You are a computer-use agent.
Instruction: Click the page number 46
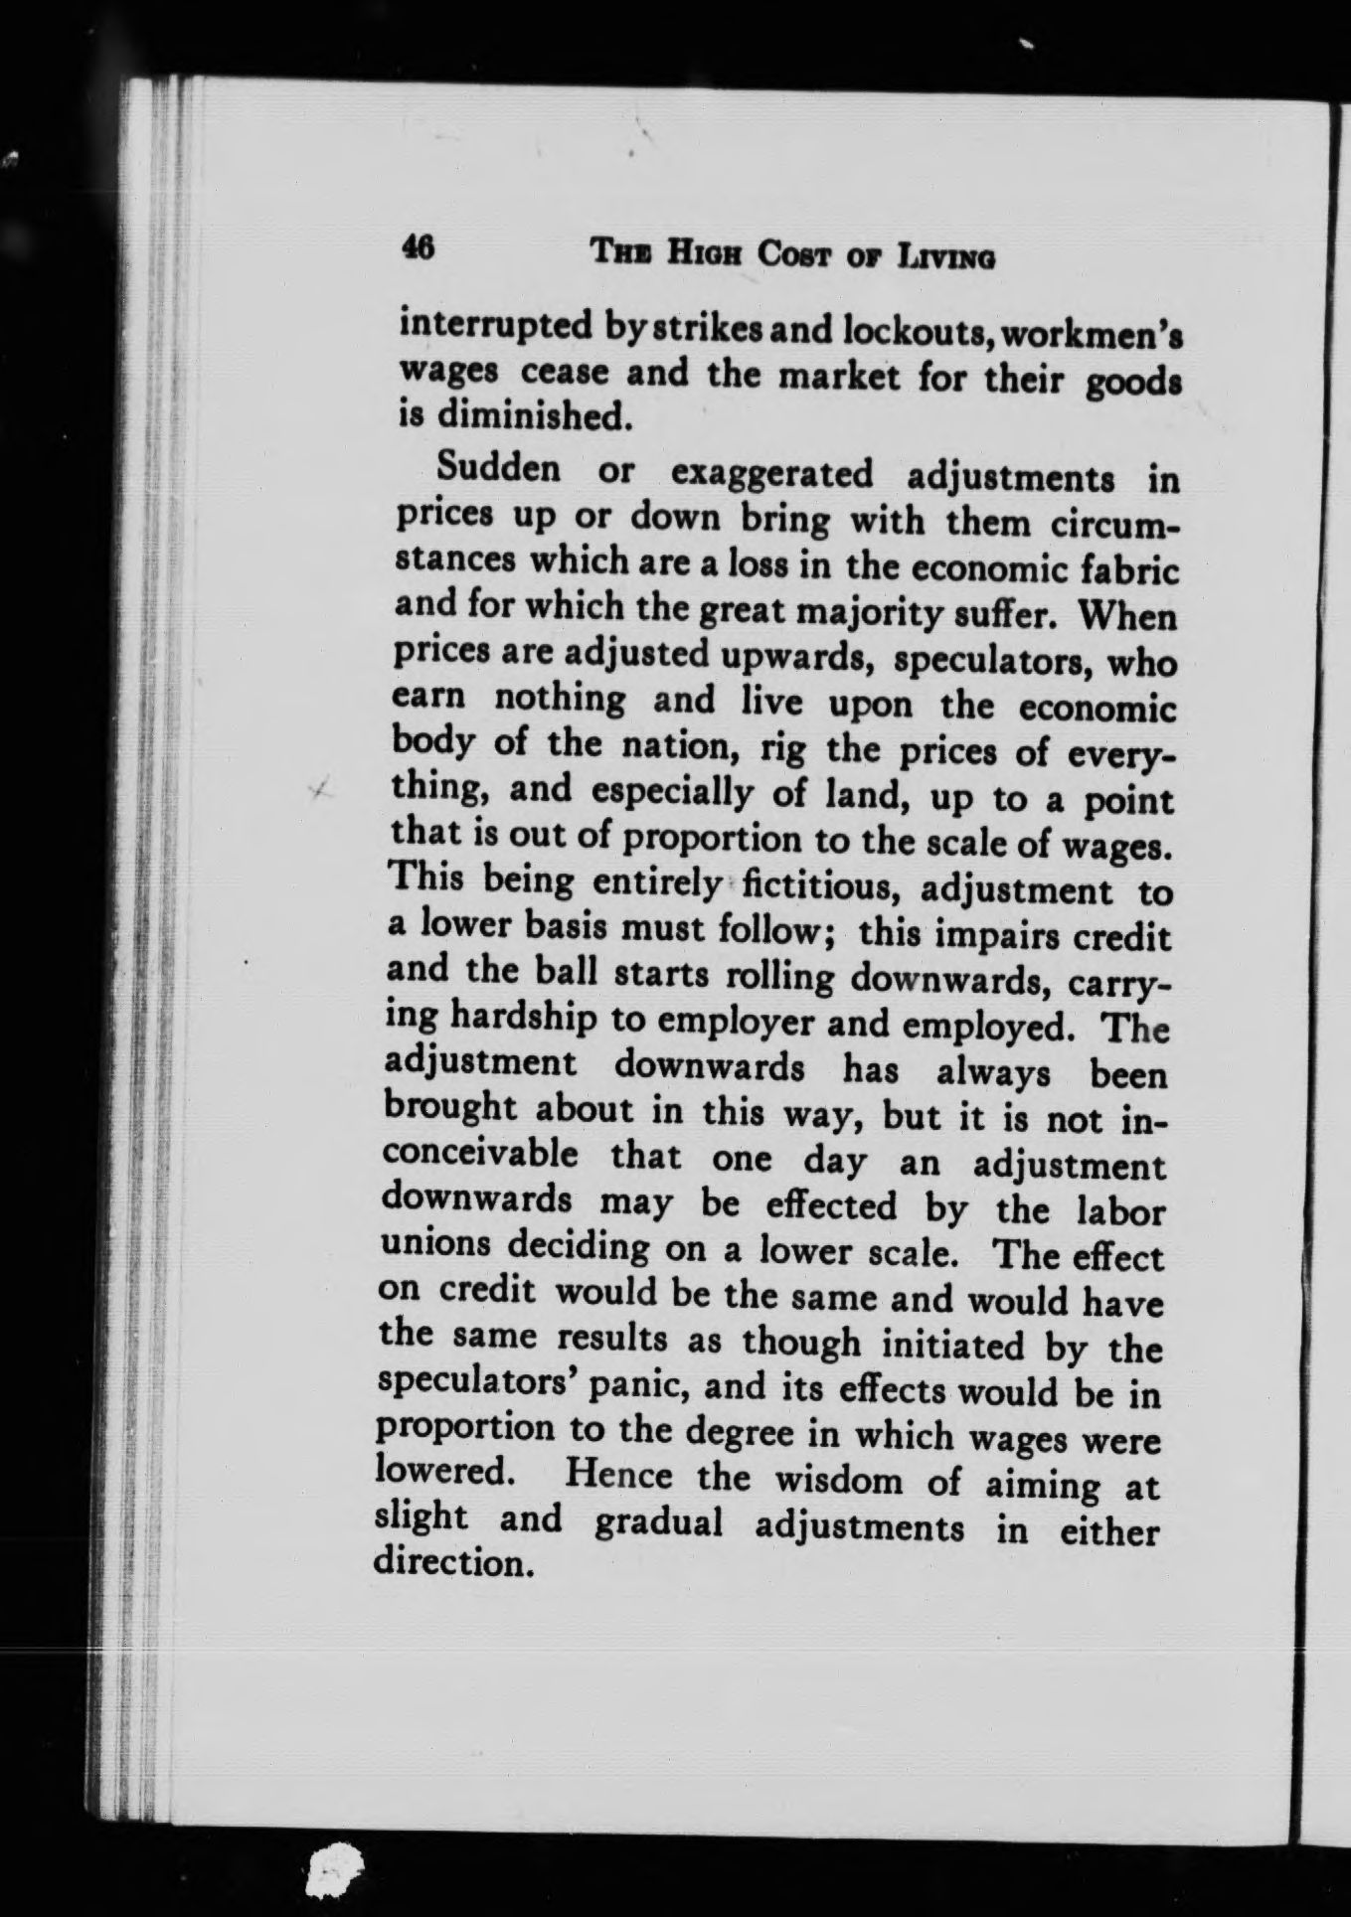point(418,248)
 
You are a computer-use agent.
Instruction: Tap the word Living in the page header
point(944,258)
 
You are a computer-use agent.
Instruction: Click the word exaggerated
point(771,473)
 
